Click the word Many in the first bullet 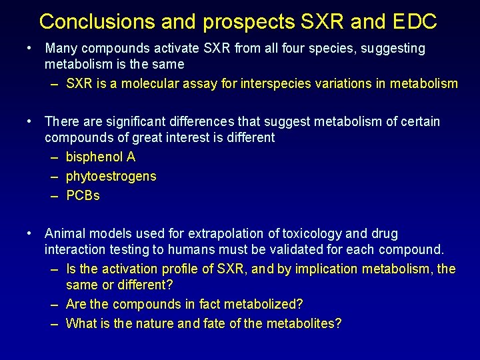60,49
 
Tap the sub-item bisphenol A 101,157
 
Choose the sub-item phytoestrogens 111,176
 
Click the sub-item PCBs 83,196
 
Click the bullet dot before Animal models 29,233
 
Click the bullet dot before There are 29,121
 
